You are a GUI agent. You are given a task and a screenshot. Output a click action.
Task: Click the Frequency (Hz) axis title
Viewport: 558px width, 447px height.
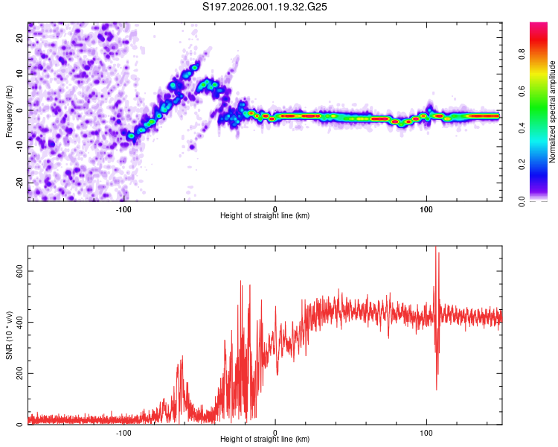[9, 112]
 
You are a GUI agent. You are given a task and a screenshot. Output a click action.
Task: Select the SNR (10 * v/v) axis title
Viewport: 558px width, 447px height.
[9, 335]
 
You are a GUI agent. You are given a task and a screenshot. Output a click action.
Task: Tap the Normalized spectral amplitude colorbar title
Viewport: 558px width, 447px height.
[553, 112]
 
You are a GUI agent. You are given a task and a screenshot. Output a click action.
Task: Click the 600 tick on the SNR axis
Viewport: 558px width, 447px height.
[17, 271]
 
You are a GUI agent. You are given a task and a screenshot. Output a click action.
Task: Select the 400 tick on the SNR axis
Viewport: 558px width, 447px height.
[17, 322]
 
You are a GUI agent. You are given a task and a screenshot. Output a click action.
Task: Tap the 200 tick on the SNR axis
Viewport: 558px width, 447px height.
[17, 373]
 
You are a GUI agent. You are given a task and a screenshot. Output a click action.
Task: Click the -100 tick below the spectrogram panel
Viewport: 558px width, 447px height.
[124, 209]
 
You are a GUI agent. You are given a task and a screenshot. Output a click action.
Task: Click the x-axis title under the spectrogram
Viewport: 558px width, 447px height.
[265, 216]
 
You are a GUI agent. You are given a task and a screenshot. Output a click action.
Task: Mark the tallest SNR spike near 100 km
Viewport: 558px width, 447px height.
[435, 249]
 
